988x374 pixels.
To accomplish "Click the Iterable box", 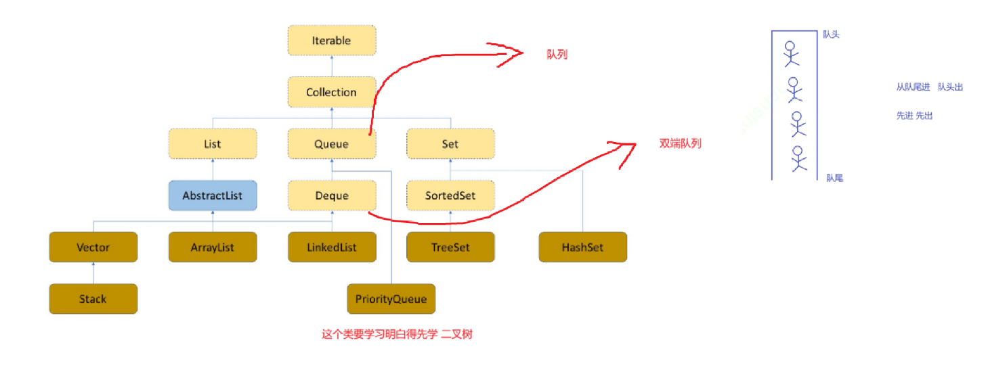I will click(x=331, y=41).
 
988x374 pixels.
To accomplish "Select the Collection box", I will click(x=331, y=92).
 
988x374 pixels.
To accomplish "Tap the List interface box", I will click(x=213, y=144).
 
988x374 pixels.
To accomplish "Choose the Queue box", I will click(x=331, y=144).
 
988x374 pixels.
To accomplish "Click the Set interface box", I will click(x=450, y=144).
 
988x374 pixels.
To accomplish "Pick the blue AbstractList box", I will click(x=213, y=195).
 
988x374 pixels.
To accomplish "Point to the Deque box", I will click(x=331, y=195).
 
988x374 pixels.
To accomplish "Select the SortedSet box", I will click(x=450, y=195).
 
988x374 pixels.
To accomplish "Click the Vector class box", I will click(x=93, y=247).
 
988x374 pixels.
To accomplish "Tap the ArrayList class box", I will click(x=213, y=247).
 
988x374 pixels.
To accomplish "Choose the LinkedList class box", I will click(x=331, y=247).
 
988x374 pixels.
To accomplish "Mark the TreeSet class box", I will click(x=450, y=247).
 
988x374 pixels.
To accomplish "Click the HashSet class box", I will click(x=582, y=247).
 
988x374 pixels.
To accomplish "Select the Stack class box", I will click(x=93, y=298).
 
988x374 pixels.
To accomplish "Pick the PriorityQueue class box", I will click(x=391, y=298).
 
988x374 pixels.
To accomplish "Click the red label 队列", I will click(x=557, y=55).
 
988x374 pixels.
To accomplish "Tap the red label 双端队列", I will click(x=680, y=143).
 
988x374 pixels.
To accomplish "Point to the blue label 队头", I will click(x=831, y=34).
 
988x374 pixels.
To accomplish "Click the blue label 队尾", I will click(x=834, y=178).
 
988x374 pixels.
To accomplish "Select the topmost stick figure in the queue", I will click(x=790, y=53).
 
